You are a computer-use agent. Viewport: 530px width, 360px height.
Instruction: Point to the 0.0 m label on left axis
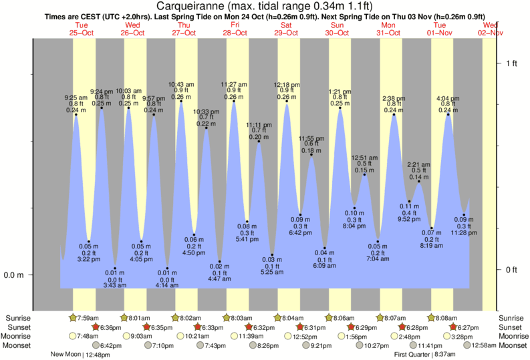click(x=13, y=275)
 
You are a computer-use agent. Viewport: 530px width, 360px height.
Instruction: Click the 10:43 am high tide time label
click(x=180, y=83)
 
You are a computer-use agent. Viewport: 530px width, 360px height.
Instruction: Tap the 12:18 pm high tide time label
click(x=286, y=84)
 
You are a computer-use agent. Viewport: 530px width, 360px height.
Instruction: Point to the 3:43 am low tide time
click(x=115, y=285)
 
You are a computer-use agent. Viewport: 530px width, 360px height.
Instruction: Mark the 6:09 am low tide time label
click(x=325, y=266)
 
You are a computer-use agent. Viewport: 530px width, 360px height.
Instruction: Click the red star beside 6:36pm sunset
click(x=96, y=327)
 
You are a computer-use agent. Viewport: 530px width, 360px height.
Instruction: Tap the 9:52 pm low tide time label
click(x=410, y=218)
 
